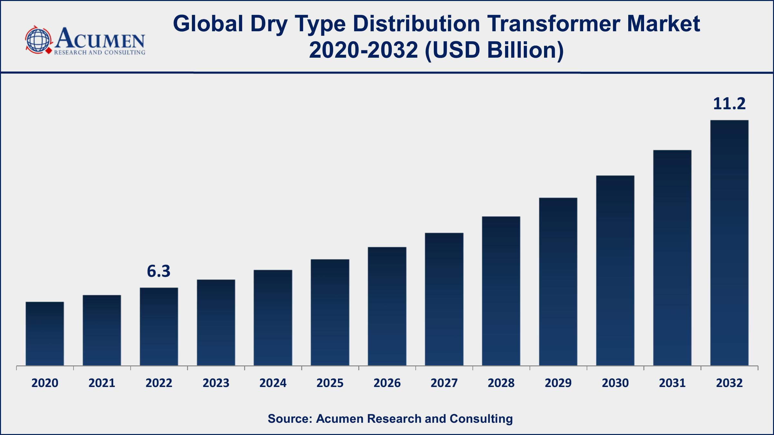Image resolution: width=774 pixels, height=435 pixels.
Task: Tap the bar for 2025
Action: (x=330, y=312)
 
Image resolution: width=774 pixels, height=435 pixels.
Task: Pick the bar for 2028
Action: (x=501, y=291)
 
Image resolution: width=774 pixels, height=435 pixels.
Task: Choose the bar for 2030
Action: (x=615, y=270)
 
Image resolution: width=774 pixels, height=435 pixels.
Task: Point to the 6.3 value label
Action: (x=159, y=271)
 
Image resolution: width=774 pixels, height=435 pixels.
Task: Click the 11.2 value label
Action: (x=729, y=104)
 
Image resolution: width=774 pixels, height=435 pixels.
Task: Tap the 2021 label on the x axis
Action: (x=102, y=383)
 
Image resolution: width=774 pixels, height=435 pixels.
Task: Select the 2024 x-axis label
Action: (x=273, y=383)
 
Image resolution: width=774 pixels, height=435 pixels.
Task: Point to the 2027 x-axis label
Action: (x=444, y=383)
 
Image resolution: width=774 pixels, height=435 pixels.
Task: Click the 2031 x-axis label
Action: (x=672, y=383)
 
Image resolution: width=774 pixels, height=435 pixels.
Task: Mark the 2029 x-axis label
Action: (x=558, y=383)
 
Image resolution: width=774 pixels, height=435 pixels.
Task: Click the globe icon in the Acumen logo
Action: (x=38, y=40)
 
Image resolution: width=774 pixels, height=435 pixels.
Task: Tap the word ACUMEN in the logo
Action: (x=100, y=38)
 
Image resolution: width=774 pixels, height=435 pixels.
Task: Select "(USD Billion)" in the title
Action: (x=494, y=50)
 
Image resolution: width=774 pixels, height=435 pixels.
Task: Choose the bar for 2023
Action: (x=216, y=323)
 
